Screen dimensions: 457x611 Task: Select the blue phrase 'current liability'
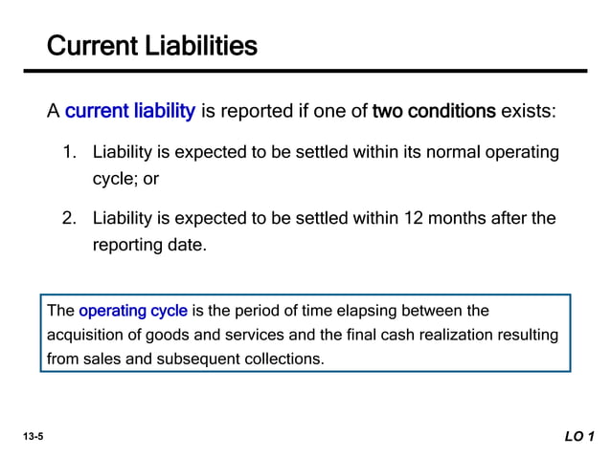pos(130,112)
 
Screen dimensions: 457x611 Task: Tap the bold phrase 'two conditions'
pos(434,112)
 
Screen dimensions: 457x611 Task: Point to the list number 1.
pos(69,152)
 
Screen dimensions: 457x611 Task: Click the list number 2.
pos(69,218)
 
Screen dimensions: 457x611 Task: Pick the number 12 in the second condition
pos(415,218)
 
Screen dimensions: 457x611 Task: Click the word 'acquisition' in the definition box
pos(84,336)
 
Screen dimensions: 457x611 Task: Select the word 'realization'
pos(426,336)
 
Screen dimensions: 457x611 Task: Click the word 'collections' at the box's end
pos(287,360)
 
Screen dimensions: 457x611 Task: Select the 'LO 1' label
pos(579,437)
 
